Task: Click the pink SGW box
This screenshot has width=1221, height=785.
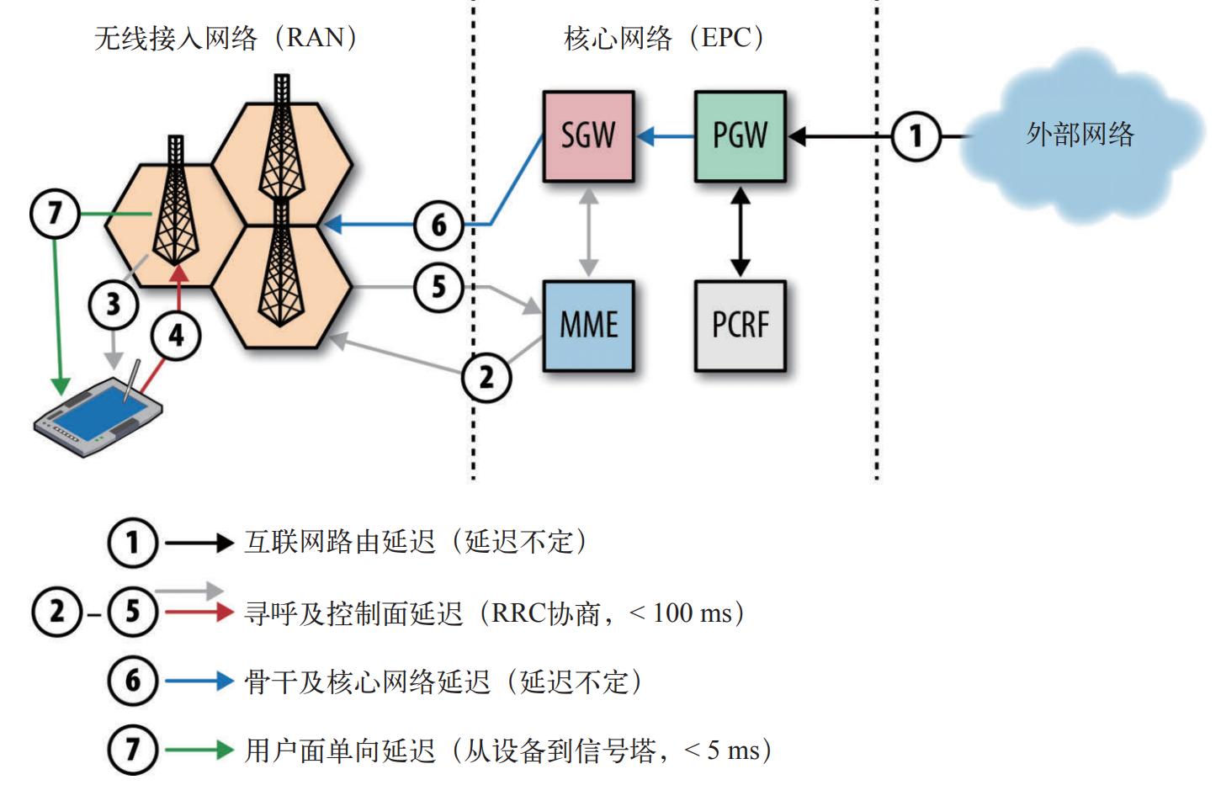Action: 587,136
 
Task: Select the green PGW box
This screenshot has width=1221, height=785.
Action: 740,136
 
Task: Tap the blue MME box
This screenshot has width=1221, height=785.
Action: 588,326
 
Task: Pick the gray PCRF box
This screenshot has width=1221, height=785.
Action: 740,326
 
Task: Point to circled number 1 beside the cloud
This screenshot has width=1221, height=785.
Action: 916,136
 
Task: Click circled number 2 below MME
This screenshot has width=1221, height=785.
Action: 486,378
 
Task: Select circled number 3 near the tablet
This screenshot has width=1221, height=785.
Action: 114,305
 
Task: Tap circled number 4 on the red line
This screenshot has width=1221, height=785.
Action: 176,336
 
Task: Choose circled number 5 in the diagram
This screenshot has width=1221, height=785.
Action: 438,288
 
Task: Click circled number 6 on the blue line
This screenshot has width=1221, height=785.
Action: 438,225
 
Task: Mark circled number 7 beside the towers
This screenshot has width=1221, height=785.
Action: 55,214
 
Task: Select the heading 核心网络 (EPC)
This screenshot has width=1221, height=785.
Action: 664,38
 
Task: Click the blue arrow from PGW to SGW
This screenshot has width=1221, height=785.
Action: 664,136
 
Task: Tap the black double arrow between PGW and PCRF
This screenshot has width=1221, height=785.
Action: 740,231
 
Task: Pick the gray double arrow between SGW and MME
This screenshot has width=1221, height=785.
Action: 588,231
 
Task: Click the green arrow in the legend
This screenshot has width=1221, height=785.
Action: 199,750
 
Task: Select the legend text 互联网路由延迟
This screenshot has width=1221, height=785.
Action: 339,542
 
